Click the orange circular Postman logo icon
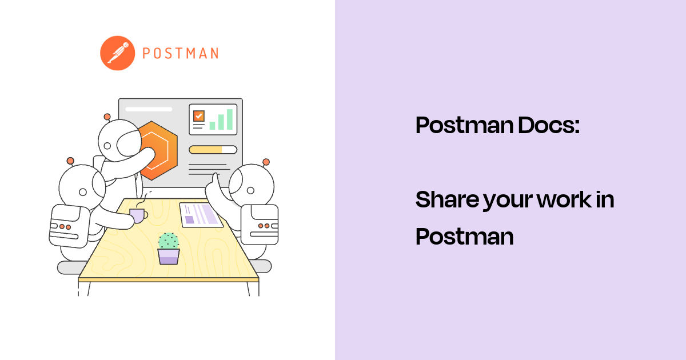point(117,53)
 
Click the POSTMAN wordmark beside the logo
point(180,54)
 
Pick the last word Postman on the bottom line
point(464,236)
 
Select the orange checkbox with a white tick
point(198,116)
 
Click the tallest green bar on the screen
point(230,119)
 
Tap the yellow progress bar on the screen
point(213,150)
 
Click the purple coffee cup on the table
point(137,215)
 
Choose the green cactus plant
point(168,241)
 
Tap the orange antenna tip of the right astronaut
point(265,162)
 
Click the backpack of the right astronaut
point(260,225)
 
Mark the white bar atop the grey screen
point(148,109)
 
